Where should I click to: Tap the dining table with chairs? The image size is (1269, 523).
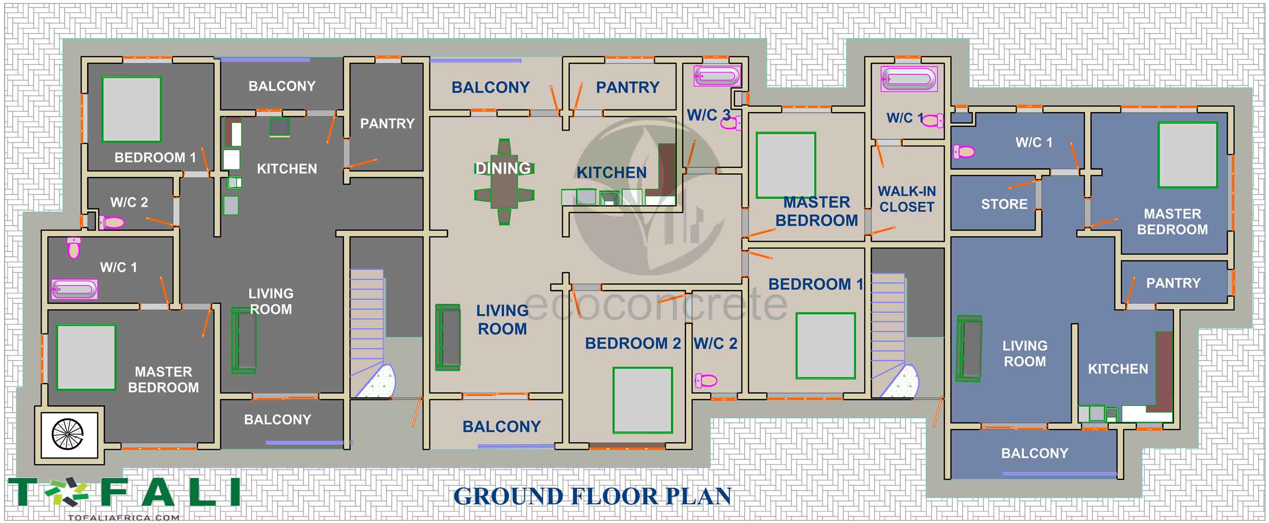coord(504,182)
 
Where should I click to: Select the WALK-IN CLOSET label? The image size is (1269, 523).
coord(906,199)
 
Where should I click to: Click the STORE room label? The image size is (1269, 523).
coord(1004,204)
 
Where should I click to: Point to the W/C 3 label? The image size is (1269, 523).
coord(708,115)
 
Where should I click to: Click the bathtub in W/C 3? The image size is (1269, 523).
coord(717,76)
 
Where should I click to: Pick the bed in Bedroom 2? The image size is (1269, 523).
coord(642,400)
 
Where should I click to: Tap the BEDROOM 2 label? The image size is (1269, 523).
coord(633,343)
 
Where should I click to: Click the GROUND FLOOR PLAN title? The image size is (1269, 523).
coord(592,496)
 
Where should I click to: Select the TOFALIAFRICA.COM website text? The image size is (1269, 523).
coord(124,517)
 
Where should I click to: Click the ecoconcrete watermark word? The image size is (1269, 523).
coord(656,304)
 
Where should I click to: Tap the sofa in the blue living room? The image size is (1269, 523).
coord(969,349)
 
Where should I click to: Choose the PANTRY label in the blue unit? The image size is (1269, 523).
coord(1173,283)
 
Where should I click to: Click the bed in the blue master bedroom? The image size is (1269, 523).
coord(1187,155)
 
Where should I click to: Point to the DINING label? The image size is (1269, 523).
coord(503,169)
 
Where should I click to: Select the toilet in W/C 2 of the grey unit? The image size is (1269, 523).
coord(112,223)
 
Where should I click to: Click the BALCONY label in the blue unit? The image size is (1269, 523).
coord(1035,453)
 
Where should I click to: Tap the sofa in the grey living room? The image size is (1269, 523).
coord(244,341)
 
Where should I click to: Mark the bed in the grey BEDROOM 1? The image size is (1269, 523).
coord(131,109)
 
